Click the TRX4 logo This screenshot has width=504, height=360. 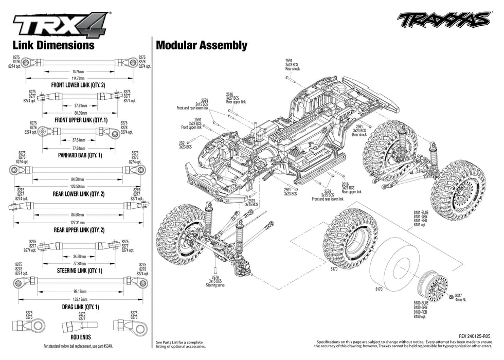[61, 24]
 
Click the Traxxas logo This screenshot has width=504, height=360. [443, 20]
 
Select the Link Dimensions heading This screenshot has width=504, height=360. [53, 45]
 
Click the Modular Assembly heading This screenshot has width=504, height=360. [201, 45]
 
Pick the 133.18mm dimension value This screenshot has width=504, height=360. [78, 299]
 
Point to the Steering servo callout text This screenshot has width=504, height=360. [215, 285]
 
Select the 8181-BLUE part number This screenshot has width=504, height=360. [421, 212]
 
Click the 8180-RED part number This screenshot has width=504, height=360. [421, 312]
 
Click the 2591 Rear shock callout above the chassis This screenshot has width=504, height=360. [293, 65]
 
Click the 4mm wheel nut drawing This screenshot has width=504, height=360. [451, 297]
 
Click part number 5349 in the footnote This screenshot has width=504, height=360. [107, 346]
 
